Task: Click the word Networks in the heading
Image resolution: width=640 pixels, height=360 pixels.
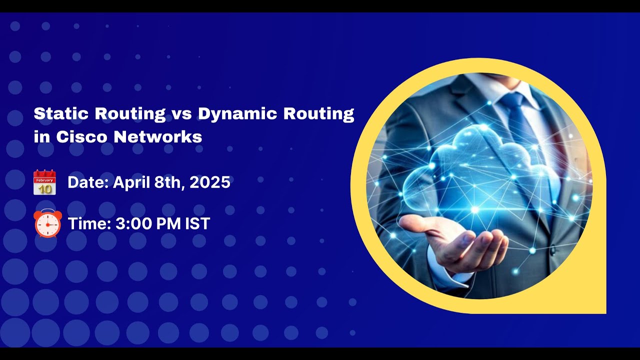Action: tap(158, 137)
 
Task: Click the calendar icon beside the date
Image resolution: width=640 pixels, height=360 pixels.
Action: tap(44, 182)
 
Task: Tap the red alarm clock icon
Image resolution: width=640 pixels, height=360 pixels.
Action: tap(47, 223)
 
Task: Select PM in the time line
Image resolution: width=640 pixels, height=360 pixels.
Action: tap(168, 223)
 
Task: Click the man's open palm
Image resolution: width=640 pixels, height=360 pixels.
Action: tap(460, 240)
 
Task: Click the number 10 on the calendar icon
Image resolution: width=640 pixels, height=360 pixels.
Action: tap(44, 188)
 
